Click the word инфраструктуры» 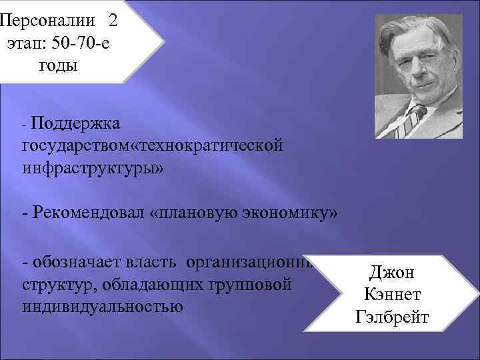pos(93,165)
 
